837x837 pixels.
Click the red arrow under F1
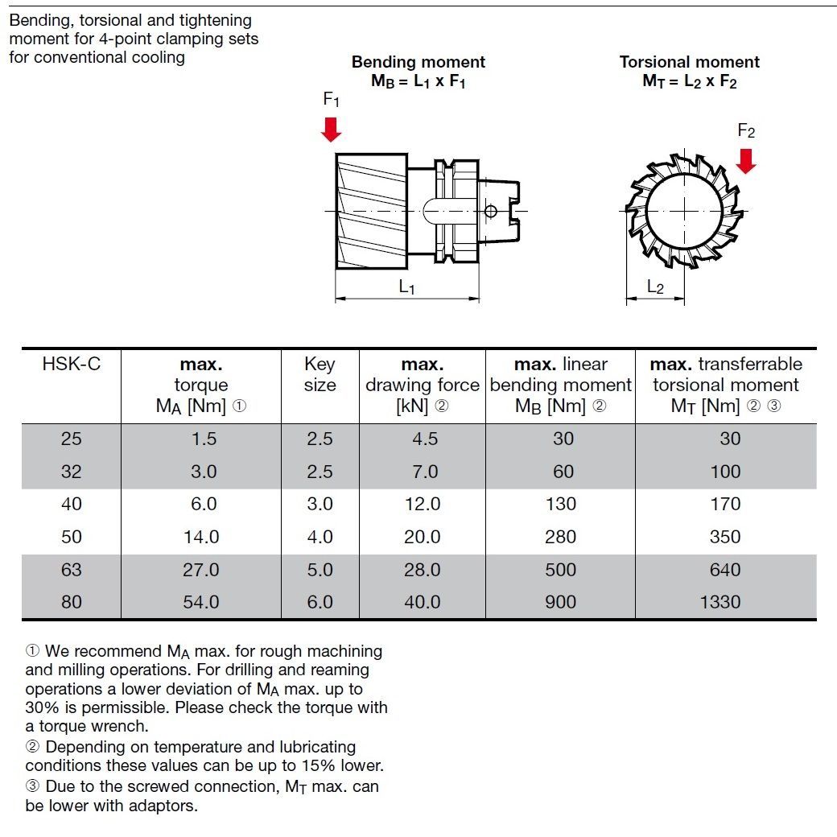coord(331,130)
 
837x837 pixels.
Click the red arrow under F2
coord(746,161)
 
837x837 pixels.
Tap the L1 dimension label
coord(406,287)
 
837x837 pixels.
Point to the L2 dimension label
coord(655,287)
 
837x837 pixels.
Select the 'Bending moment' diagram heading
coord(418,62)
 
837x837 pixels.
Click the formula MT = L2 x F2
coord(689,81)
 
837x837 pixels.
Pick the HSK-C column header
coord(71,364)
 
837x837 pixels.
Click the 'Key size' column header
coord(320,374)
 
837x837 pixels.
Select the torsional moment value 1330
coord(720,602)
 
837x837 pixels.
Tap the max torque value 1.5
coord(204,439)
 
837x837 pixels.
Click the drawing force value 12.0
coord(423,504)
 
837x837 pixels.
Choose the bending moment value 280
coord(560,537)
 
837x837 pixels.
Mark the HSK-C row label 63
coord(71,570)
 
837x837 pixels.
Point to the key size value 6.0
coord(320,602)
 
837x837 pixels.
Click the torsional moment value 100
coord(725,472)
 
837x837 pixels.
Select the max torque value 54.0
coord(200,602)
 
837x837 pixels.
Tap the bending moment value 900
coord(560,602)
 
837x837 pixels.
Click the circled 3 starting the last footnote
coord(32,786)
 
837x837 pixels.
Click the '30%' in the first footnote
coord(42,707)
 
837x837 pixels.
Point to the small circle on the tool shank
coord(491,211)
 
